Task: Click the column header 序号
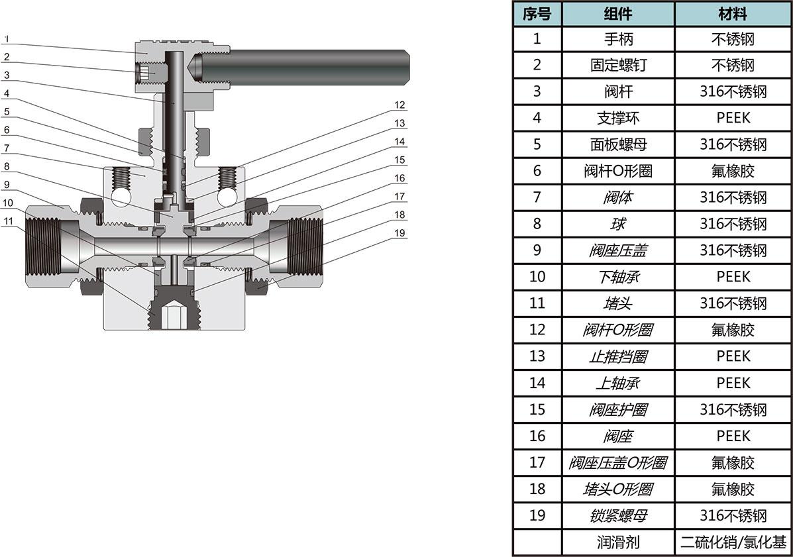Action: pyautogui.click(x=537, y=14)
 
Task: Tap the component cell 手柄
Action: pyautogui.click(x=618, y=39)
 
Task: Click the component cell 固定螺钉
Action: pyautogui.click(x=618, y=66)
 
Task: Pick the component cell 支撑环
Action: pyautogui.click(x=618, y=118)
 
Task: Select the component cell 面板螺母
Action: pyautogui.click(x=618, y=144)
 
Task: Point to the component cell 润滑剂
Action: pyautogui.click(x=618, y=542)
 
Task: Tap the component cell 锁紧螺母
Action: pyautogui.click(x=618, y=516)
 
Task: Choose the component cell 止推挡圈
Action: pyautogui.click(x=618, y=356)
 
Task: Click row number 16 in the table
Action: pyautogui.click(x=537, y=436)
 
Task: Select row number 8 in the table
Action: pyautogui.click(x=537, y=224)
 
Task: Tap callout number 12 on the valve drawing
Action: pyautogui.click(x=399, y=105)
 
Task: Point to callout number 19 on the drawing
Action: pyautogui.click(x=399, y=232)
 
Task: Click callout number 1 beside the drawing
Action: pyautogui.click(x=6, y=39)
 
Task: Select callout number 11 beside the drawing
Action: pyautogui.click(x=7, y=221)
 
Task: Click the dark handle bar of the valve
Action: pyautogui.click(x=305, y=65)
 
